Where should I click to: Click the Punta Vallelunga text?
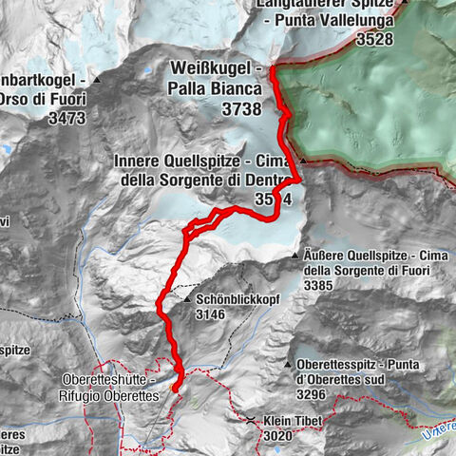(335, 22)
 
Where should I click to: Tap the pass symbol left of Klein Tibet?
(250, 420)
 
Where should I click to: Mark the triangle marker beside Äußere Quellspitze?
(298, 256)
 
